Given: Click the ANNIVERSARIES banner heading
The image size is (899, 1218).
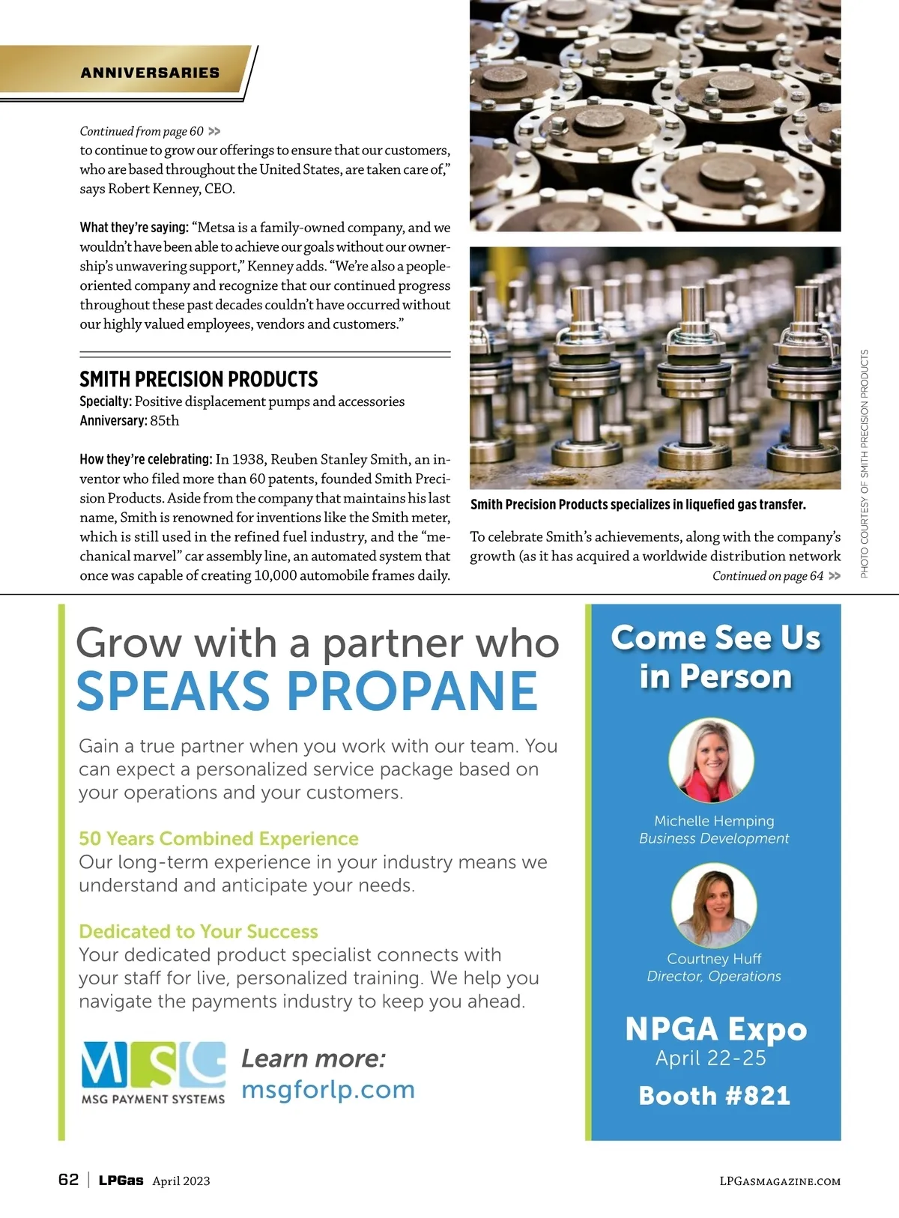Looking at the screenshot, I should (150, 73).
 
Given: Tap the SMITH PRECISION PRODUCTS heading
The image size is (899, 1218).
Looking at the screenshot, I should (199, 379).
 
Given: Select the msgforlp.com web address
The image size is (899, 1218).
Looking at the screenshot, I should (327, 1089).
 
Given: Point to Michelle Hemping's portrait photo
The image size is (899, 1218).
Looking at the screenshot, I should (711, 760).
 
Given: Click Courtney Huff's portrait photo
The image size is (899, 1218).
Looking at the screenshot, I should (714, 905).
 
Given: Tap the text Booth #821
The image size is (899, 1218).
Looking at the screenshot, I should (714, 1096).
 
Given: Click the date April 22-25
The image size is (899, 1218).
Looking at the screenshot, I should (711, 1058).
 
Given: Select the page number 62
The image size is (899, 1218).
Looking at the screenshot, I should (68, 1180).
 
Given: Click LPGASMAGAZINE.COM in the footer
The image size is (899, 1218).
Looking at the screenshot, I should (779, 1181).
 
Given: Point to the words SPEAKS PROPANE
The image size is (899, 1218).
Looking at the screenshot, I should (307, 691).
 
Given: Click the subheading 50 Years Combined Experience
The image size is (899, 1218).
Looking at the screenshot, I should (219, 838).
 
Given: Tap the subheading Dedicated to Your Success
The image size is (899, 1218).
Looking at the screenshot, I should (199, 931).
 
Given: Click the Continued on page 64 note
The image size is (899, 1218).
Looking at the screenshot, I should (775, 576).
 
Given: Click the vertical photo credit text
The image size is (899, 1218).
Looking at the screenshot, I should (865, 464).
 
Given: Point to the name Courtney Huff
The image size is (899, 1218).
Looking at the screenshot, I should (714, 959).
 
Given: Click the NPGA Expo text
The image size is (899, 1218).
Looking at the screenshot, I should (715, 1029).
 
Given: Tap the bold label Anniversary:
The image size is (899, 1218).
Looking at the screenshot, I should (113, 421).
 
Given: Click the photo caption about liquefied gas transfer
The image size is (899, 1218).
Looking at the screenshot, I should (638, 505).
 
